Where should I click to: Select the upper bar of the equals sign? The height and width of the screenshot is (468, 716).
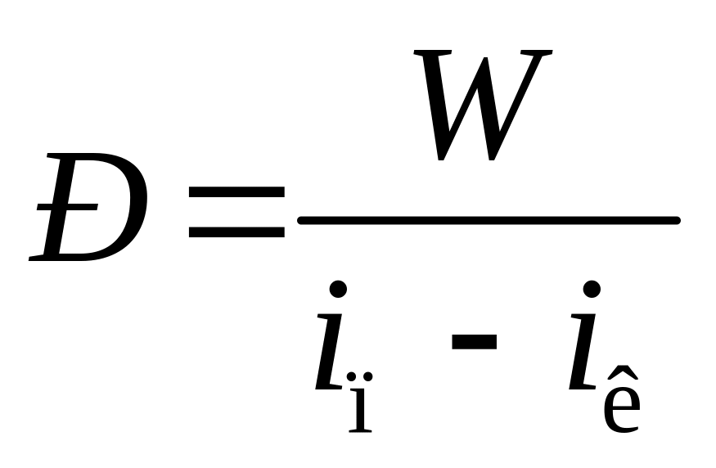coord(236,192)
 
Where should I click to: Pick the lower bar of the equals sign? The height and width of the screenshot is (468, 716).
coord(236,232)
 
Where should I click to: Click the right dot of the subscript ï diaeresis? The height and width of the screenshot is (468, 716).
coord(367,376)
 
